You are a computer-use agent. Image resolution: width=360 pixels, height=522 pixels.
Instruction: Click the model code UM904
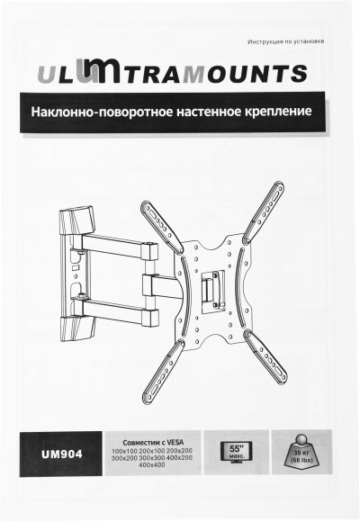pyautogui.click(x=62, y=454)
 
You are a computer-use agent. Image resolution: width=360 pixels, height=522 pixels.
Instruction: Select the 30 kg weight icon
pyautogui.click(x=301, y=449)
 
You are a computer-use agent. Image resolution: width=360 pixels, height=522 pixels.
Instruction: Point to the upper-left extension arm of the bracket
pyautogui.click(x=160, y=224)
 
